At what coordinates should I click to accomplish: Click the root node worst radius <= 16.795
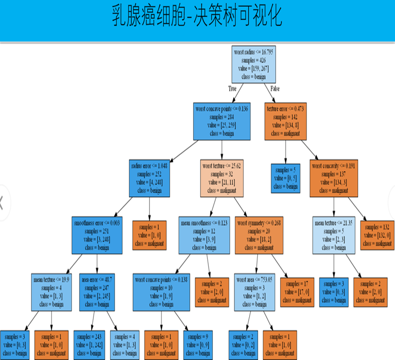click(x=253, y=64)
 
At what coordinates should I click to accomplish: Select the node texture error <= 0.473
click(x=285, y=121)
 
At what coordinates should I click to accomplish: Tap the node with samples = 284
click(x=222, y=121)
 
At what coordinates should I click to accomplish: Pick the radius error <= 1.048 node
click(x=149, y=178)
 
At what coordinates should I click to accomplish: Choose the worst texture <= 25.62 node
click(x=223, y=178)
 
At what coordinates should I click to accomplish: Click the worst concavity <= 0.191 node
click(x=334, y=178)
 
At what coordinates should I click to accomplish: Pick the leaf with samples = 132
click(x=377, y=235)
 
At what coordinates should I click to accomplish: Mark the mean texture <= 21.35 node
click(x=334, y=235)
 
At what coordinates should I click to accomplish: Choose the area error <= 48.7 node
click(x=97, y=292)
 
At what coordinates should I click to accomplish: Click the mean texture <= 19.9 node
click(x=51, y=292)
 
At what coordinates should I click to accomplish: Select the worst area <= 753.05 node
click(x=255, y=292)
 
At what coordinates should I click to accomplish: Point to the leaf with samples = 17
click(x=297, y=292)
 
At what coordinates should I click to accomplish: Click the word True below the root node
click(x=232, y=89)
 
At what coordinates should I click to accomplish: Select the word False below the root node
click(x=275, y=89)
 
